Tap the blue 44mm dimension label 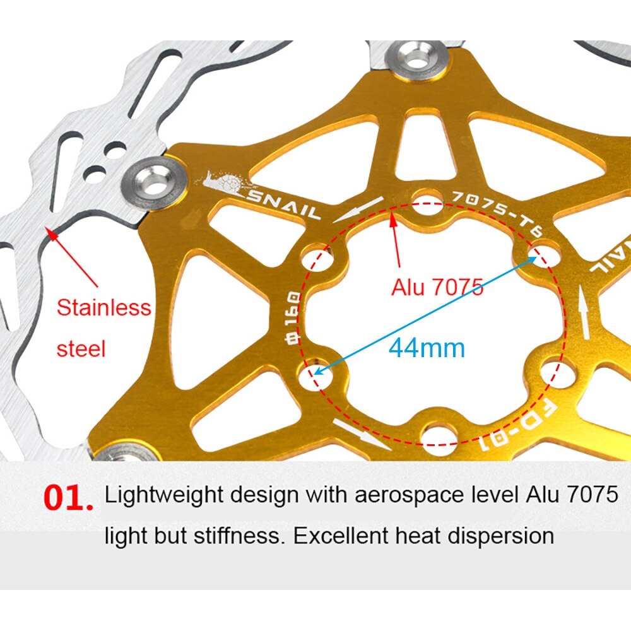(x=427, y=348)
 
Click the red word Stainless (x=104, y=307)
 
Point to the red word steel (x=81, y=348)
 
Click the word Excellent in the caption (x=340, y=536)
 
